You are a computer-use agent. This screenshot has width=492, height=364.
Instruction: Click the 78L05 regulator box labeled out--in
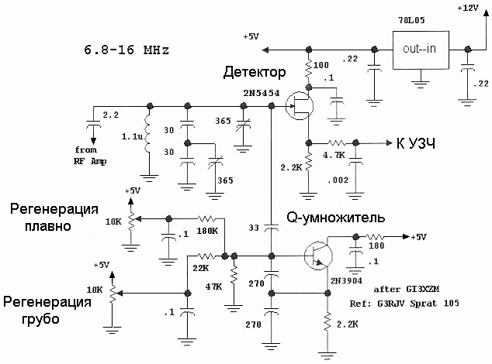point(421,50)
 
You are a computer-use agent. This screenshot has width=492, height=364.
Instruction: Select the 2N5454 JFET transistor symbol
point(300,105)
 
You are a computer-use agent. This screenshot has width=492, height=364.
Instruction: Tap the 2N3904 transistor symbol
point(318,256)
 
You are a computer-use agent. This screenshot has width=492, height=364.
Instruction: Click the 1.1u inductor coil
point(147,134)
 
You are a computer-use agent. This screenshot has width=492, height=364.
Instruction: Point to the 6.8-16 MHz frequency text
point(126,50)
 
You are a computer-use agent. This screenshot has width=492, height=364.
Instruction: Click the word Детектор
point(255,72)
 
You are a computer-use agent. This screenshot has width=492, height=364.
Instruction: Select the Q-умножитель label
point(335,218)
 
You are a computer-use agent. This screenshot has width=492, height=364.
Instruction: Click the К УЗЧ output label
point(416,144)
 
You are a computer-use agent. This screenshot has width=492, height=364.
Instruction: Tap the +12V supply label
point(467,9)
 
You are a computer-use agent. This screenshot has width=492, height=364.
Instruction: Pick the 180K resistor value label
point(207,232)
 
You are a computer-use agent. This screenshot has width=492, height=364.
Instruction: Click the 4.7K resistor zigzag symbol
point(337,143)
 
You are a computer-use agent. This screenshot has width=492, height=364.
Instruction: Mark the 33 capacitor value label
point(254,228)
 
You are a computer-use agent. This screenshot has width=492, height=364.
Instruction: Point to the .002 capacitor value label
point(338,180)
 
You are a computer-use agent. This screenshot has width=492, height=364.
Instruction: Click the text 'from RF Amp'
point(90,156)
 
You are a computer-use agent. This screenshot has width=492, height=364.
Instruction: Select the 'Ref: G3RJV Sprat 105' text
point(404,304)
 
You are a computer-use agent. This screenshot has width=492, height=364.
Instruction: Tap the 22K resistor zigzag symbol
point(206,256)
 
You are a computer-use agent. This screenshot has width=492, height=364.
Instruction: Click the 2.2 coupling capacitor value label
point(111,115)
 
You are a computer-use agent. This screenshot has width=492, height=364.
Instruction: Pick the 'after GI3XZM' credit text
point(407,289)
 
